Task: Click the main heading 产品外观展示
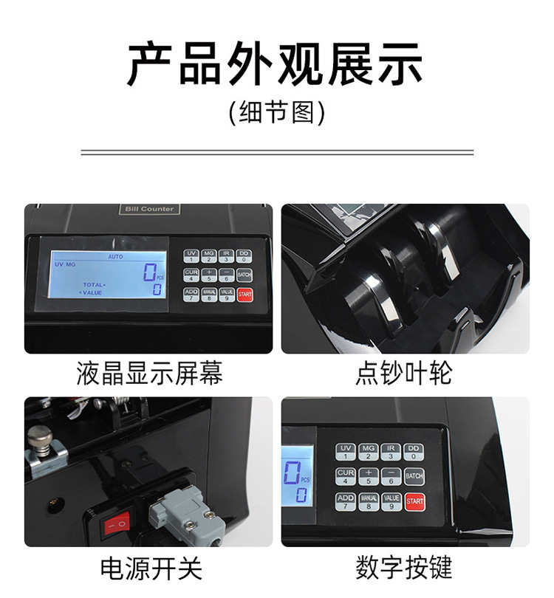276,64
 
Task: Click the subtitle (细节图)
276,112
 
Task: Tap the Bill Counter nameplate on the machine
149,209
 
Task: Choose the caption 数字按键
404,568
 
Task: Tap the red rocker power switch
116,526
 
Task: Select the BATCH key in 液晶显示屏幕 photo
244,275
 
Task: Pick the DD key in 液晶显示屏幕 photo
244,255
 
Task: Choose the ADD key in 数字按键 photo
345,501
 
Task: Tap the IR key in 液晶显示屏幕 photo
227,255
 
